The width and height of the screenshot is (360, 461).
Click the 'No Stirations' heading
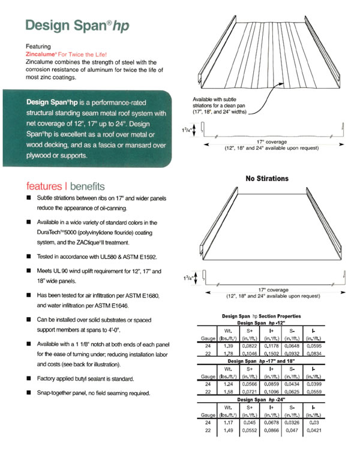click(267, 178)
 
